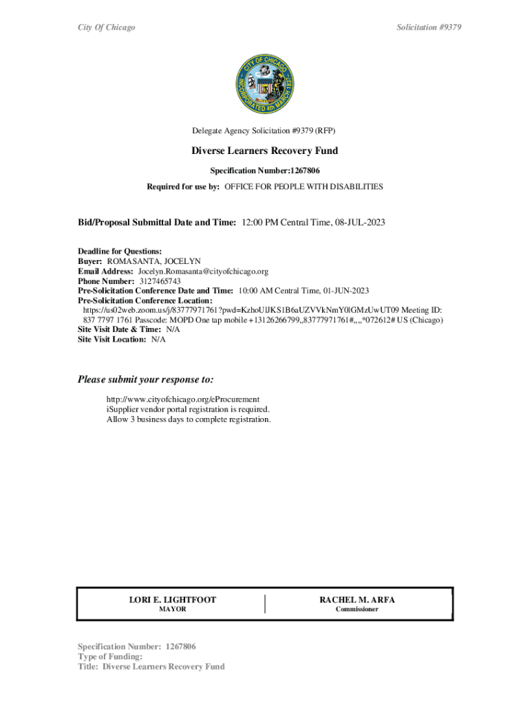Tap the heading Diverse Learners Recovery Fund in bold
[264, 151]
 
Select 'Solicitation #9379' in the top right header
[429, 27]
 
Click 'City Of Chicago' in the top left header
[106, 27]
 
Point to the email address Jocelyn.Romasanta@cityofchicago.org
[202, 272]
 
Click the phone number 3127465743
[159, 281]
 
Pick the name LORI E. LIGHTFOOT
[173, 600]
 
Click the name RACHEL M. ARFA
[357, 600]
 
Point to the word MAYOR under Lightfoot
[173, 610]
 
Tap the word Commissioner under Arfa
[357, 610]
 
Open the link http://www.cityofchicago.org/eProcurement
[182, 399]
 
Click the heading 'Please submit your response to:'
[145, 379]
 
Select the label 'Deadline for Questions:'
[120, 252]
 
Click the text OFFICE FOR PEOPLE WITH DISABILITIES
[304, 187]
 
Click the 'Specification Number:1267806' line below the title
[264, 170]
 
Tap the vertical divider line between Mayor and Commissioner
[265, 604]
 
